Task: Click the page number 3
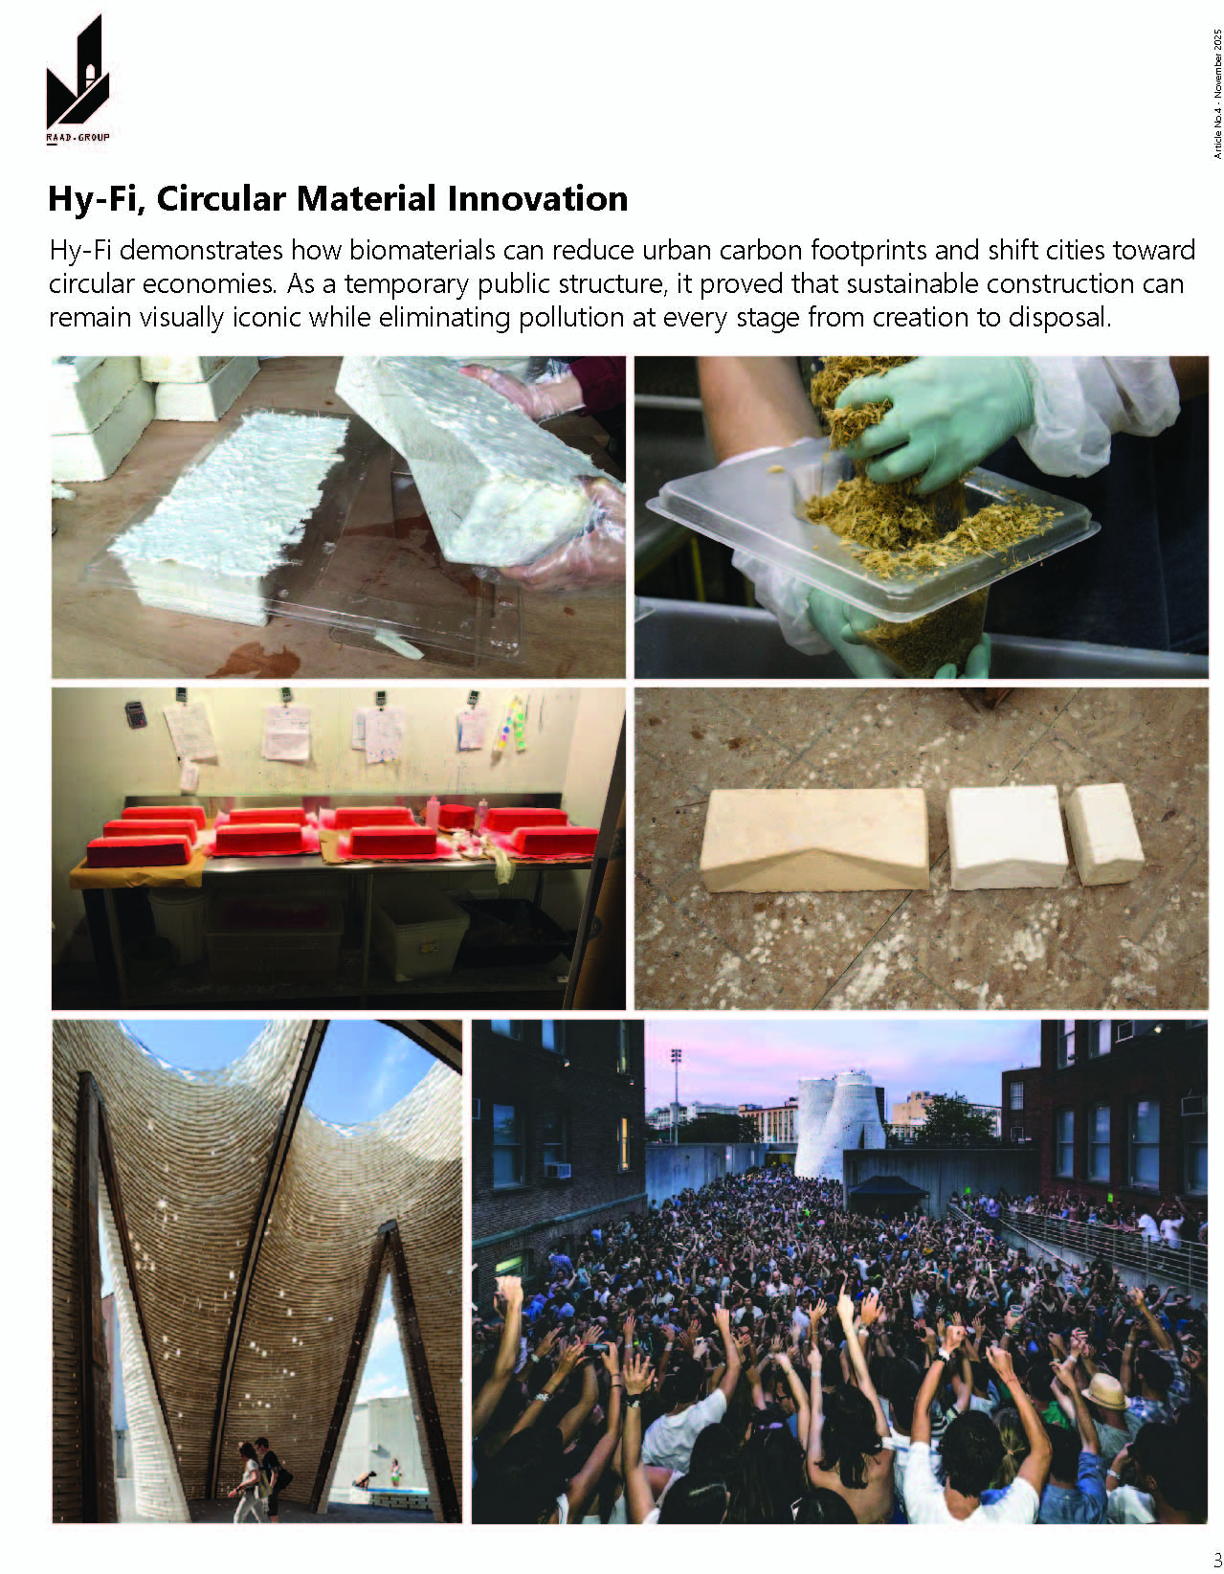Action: pyautogui.click(x=1216, y=1557)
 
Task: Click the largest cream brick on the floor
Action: pyautogui.click(x=812, y=840)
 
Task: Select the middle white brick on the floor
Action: pyautogui.click(x=1006, y=836)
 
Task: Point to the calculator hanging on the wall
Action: pyautogui.click(x=135, y=713)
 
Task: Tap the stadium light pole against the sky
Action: pyautogui.click(x=677, y=1091)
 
